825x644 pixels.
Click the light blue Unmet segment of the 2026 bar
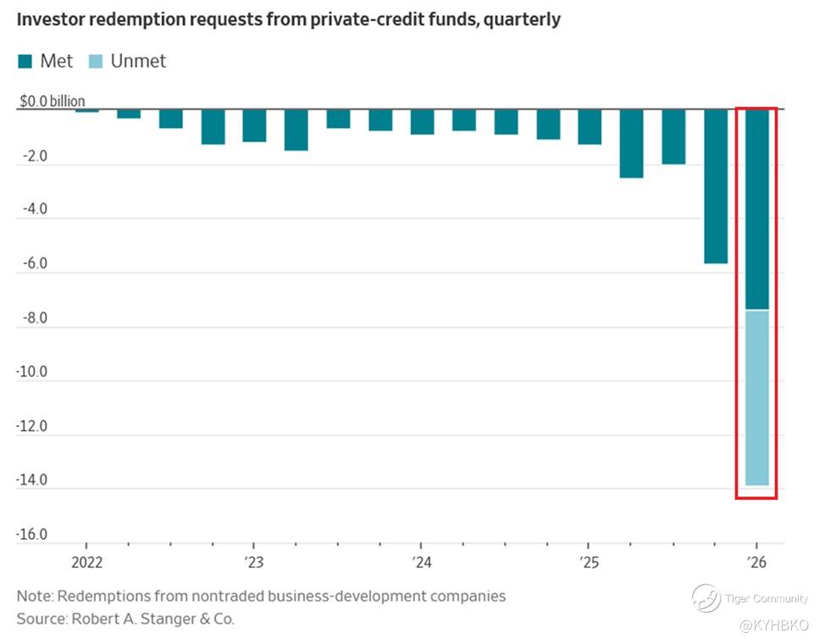pyautogui.click(x=756, y=397)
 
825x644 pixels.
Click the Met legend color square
pyautogui.click(x=25, y=61)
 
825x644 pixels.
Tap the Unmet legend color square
pyautogui.click(x=97, y=61)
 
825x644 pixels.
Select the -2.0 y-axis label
pyautogui.click(x=34, y=157)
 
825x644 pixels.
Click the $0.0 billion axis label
pyautogui.click(x=53, y=102)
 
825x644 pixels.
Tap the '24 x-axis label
pyautogui.click(x=422, y=563)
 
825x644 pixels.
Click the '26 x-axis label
pyautogui.click(x=756, y=563)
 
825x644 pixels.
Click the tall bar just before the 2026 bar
pyautogui.click(x=715, y=186)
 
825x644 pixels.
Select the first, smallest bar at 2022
pyautogui.click(x=87, y=110)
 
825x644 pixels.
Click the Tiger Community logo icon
pyautogui.click(x=706, y=598)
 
